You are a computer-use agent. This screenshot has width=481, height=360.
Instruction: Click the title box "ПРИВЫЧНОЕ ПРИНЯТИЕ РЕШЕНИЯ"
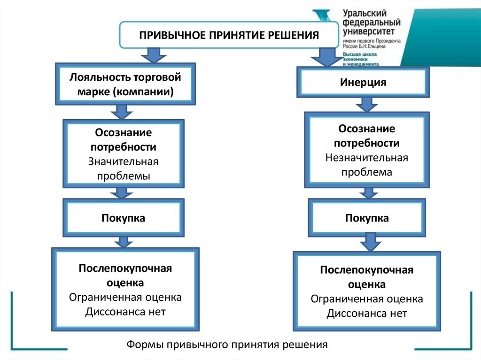click(228, 35)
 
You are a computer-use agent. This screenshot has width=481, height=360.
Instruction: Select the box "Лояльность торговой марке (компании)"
click(125, 84)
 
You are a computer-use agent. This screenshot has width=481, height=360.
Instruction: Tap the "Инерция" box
click(363, 83)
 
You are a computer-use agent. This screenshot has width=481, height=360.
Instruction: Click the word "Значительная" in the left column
click(124, 161)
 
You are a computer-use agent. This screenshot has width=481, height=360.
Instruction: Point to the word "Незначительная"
click(366, 157)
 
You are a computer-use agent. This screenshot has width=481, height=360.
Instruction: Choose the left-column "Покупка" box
click(124, 218)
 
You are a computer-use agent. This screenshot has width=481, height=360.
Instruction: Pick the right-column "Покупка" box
click(367, 218)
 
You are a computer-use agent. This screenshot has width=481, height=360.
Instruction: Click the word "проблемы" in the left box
click(124, 176)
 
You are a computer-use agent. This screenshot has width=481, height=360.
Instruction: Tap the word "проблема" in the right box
click(366, 172)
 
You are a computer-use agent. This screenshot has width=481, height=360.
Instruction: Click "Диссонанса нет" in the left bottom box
click(125, 312)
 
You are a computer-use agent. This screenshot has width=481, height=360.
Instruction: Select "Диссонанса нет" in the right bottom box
click(367, 313)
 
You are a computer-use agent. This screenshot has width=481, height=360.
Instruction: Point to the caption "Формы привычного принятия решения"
click(226, 345)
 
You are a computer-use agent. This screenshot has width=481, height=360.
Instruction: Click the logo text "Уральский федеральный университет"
click(371, 23)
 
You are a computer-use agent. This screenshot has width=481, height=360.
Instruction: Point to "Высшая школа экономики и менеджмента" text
click(360, 59)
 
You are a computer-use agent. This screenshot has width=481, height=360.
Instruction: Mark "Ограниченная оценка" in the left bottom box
click(125, 297)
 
